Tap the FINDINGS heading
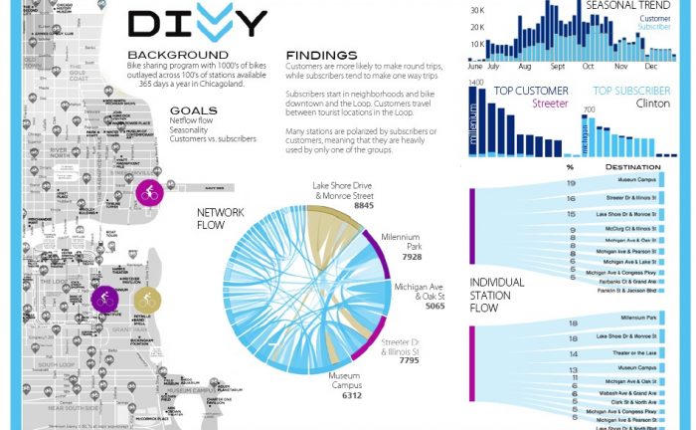click(x=321, y=55)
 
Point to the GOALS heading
click(x=194, y=110)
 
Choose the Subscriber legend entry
click(x=651, y=28)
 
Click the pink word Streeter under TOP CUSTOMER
click(x=550, y=104)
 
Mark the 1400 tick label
click(x=475, y=82)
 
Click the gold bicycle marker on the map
click(x=147, y=298)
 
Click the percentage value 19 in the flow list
click(x=572, y=183)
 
